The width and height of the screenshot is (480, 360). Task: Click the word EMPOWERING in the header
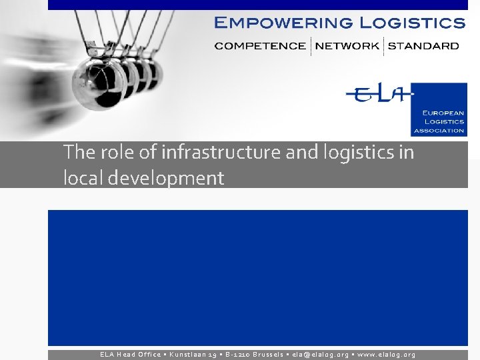point(283,23)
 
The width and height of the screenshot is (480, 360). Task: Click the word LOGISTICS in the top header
point(412,23)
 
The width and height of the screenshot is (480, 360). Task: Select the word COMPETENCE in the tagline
point(260,46)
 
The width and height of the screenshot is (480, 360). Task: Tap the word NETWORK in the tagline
point(347,46)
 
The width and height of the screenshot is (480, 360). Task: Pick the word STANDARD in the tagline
point(423,46)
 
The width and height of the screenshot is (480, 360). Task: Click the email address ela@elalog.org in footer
point(321,355)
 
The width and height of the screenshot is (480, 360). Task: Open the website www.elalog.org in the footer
point(387,355)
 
